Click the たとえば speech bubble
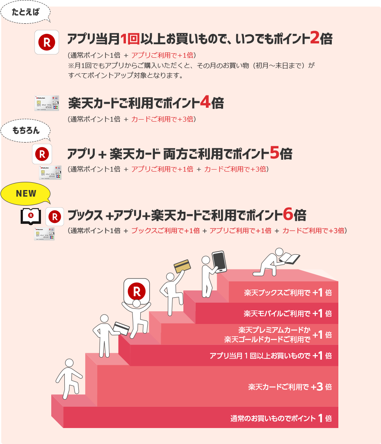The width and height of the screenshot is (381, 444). (x=25, y=12)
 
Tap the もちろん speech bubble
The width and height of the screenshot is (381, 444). (x=25, y=130)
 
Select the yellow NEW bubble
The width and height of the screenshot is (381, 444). (x=25, y=193)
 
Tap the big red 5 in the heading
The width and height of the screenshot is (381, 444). (x=274, y=152)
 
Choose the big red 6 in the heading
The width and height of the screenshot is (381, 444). (x=288, y=214)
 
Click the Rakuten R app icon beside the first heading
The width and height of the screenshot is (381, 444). (x=47, y=42)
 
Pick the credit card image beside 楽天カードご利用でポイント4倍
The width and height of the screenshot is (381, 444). (x=47, y=103)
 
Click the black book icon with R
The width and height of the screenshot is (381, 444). (x=31, y=216)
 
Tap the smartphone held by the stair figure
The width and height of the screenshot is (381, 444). (x=219, y=262)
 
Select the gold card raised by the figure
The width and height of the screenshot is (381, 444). (x=182, y=266)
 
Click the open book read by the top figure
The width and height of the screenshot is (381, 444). (x=290, y=258)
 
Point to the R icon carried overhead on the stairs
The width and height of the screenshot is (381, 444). (x=137, y=291)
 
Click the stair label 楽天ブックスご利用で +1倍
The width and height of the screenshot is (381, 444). (x=288, y=292)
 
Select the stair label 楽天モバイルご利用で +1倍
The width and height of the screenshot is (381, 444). (x=288, y=313)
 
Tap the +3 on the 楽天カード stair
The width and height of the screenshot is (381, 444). (x=317, y=387)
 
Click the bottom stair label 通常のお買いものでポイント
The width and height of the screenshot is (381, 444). (x=273, y=418)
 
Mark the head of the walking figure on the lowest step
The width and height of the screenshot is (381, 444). (x=69, y=363)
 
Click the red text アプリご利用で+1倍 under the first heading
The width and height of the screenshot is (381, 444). (x=162, y=55)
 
